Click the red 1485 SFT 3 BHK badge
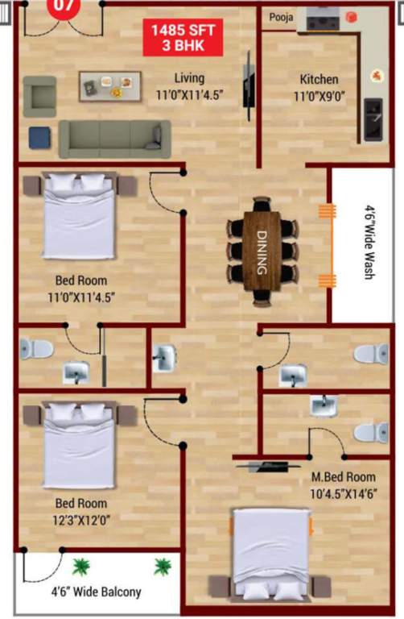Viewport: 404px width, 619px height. [x=183, y=39]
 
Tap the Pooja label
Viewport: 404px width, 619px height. [x=281, y=16]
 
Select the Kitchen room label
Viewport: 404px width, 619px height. [x=319, y=80]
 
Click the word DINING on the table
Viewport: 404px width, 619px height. [x=262, y=251]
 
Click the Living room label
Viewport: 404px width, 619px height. [x=190, y=78]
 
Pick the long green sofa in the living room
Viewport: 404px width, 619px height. [x=115, y=139]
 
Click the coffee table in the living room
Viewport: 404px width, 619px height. [x=109, y=85]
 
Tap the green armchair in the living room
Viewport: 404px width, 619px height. [x=39, y=96]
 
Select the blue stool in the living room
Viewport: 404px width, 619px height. [x=39, y=137]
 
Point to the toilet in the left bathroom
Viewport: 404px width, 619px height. [x=36, y=349]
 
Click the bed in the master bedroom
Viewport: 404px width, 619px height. [x=270, y=553]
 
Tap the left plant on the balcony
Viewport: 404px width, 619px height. [x=81, y=567]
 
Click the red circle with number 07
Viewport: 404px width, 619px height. [x=64, y=5]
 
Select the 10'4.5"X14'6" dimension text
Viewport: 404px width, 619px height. [x=343, y=493]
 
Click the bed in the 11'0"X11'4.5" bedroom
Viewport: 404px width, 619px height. [x=80, y=216]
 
